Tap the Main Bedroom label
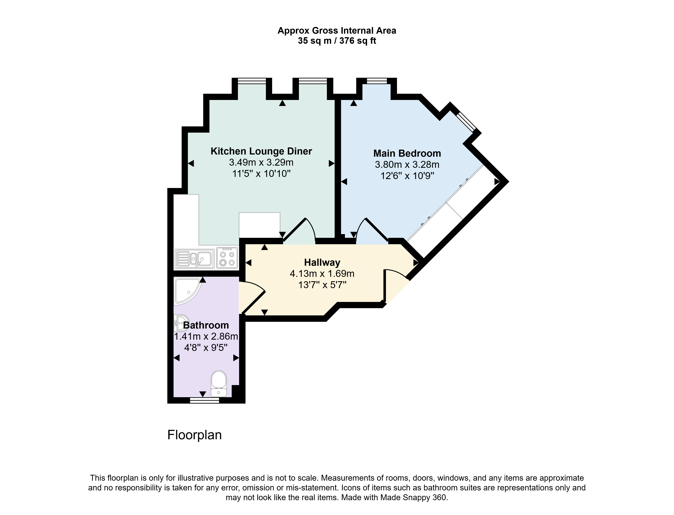[x=407, y=153]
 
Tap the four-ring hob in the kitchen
[x=227, y=258]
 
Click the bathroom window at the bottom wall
[x=204, y=400]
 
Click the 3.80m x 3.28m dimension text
[x=407, y=165]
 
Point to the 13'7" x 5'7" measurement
[x=322, y=285]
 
